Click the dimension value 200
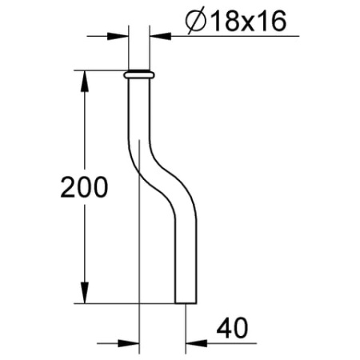click(84, 189)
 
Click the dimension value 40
click(230, 328)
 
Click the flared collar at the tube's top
click(139, 74)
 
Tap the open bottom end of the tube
click(184, 302)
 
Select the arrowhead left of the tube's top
click(120, 36)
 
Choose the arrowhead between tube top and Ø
click(159, 36)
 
